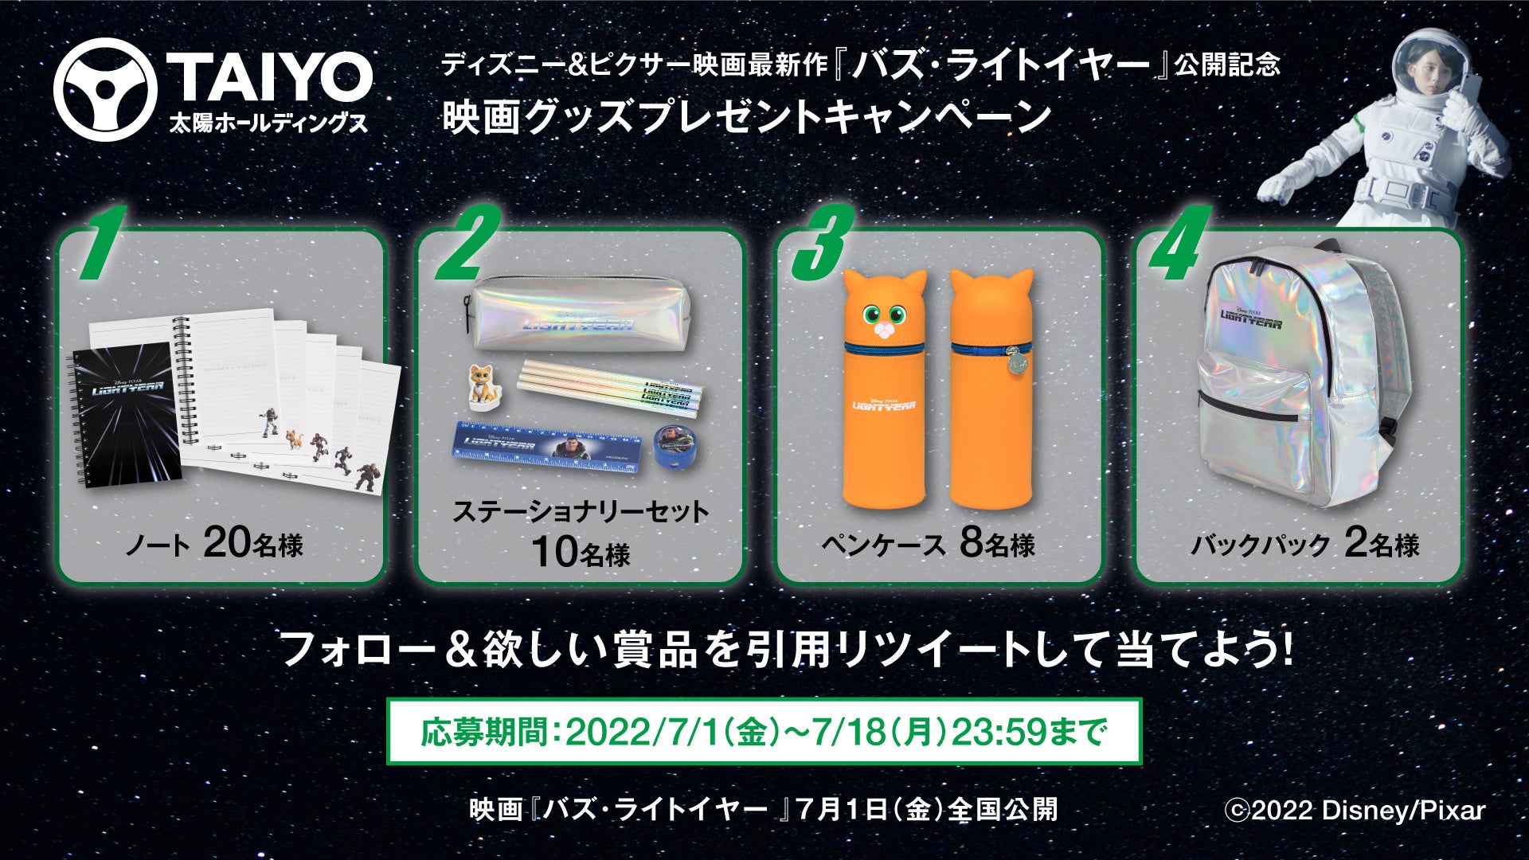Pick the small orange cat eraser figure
click(482, 382)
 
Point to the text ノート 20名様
click(214, 544)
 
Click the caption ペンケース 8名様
click(928, 544)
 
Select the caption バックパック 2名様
click(1305, 544)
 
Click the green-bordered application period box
click(764, 731)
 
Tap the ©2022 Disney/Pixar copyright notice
click(1355, 810)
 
